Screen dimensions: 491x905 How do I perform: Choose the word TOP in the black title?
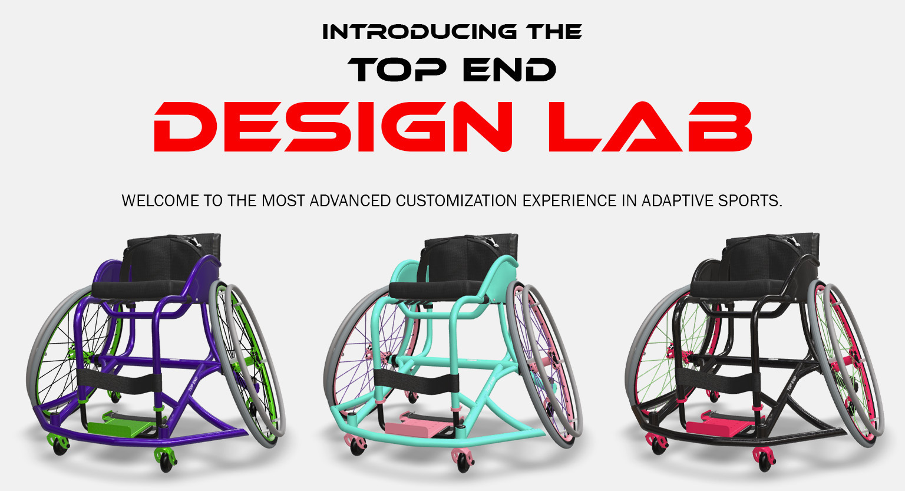(x=398, y=70)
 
